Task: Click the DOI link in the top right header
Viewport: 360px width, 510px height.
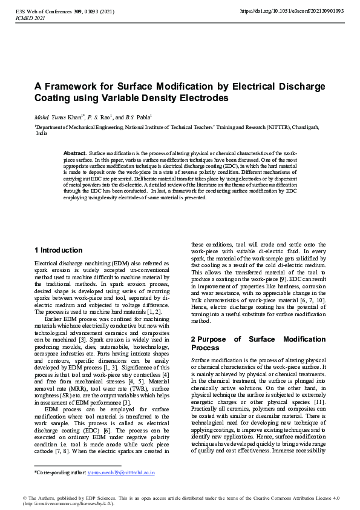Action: coord(292,11)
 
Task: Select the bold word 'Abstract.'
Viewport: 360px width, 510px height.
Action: coord(75,154)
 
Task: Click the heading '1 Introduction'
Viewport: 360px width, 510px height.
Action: coord(58,250)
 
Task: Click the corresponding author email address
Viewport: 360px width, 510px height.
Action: coord(121,471)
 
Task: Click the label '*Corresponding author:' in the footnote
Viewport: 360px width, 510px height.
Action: coord(60,471)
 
